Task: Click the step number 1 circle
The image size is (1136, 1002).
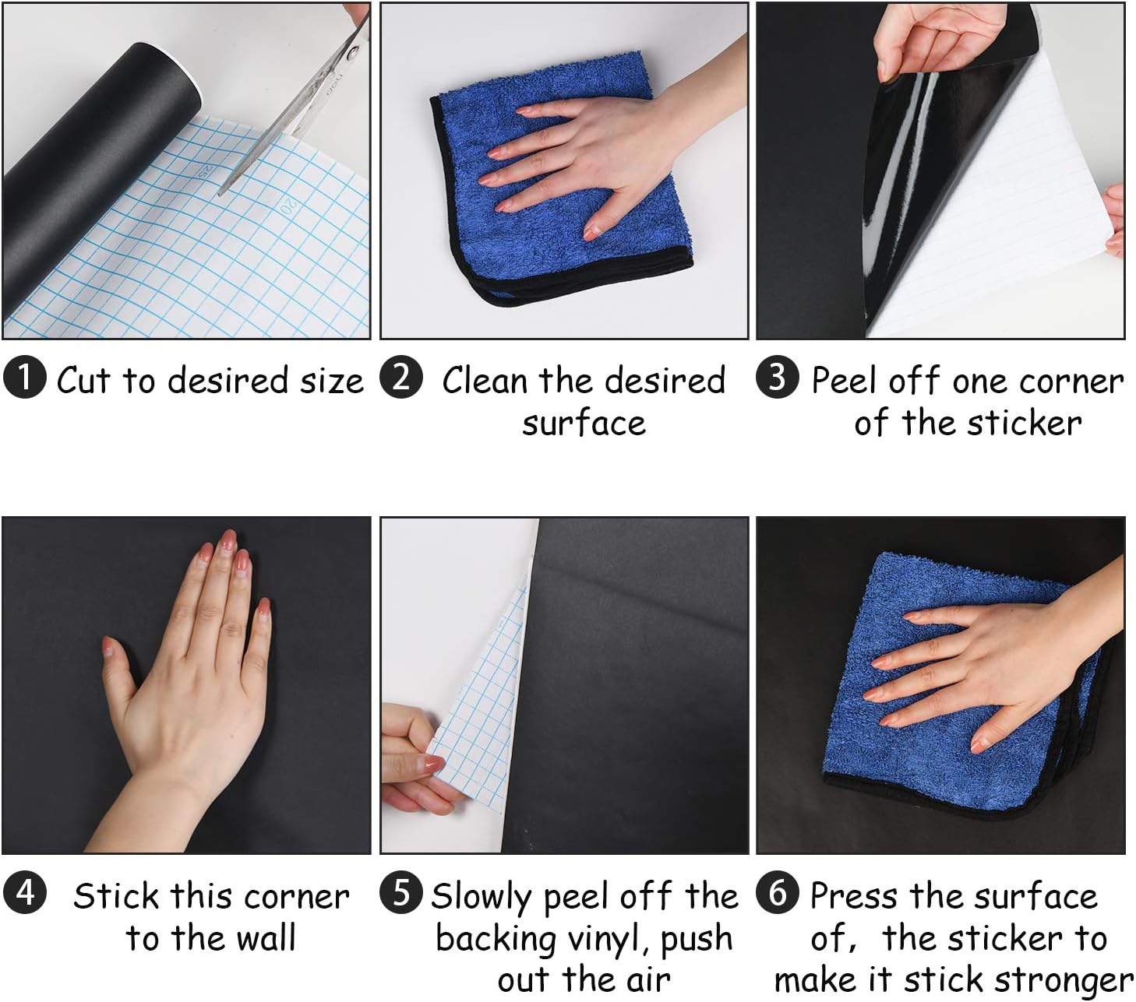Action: click(x=24, y=378)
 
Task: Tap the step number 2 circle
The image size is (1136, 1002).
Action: click(x=401, y=378)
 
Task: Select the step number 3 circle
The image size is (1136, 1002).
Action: click(x=778, y=378)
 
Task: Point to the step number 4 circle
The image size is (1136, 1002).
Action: click(x=24, y=892)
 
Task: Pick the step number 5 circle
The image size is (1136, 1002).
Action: click(x=401, y=892)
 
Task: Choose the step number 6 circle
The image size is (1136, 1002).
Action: click(x=778, y=892)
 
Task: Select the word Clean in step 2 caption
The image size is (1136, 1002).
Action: click(x=486, y=381)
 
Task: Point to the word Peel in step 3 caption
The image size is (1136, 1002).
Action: click(x=846, y=381)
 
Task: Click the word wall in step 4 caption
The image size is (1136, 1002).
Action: click(x=266, y=938)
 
